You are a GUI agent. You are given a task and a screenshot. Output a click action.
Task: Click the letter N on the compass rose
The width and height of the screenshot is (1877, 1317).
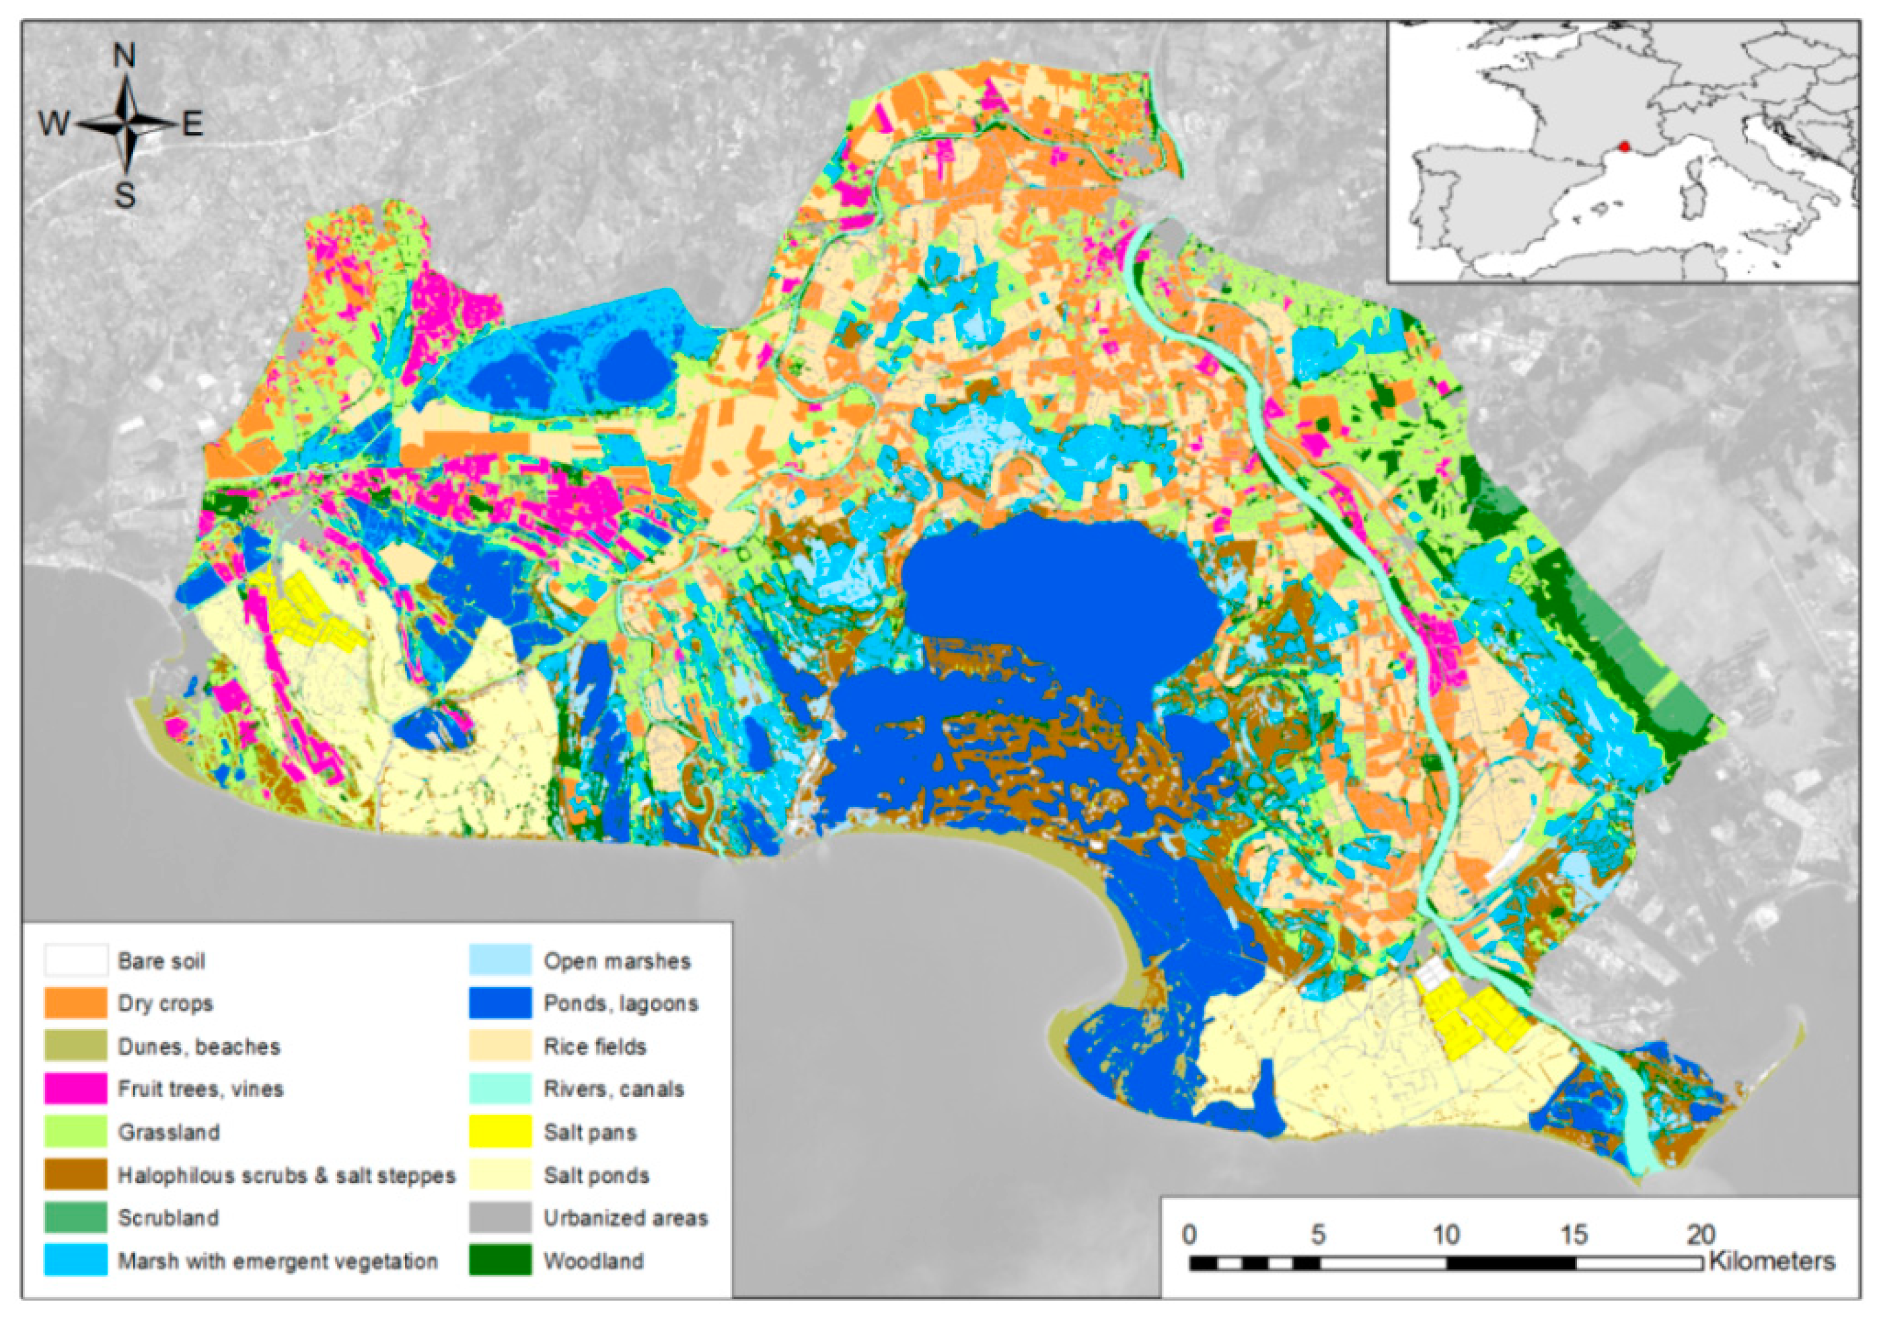click(124, 56)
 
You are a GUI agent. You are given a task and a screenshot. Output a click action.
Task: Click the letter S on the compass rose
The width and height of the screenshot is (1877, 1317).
click(124, 195)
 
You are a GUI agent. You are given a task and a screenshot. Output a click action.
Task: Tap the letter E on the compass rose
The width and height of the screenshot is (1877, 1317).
click(192, 124)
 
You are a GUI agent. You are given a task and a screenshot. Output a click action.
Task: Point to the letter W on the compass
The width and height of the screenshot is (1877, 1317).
click(54, 124)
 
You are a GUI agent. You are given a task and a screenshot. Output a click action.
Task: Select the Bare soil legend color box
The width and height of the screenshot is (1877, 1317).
click(75, 961)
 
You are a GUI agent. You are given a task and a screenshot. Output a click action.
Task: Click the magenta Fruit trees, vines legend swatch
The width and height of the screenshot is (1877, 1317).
click(75, 1089)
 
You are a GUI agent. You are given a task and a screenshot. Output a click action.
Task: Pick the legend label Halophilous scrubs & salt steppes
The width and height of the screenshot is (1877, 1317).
click(286, 1176)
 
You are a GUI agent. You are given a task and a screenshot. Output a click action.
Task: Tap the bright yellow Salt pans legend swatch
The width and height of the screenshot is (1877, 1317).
click(501, 1132)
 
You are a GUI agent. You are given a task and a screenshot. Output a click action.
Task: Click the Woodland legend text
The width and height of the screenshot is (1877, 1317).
click(593, 1260)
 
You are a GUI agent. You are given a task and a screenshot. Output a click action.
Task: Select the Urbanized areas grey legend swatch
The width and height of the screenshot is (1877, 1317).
click(501, 1218)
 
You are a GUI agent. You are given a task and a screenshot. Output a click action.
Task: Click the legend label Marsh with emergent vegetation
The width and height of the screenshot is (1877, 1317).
click(278, 1260)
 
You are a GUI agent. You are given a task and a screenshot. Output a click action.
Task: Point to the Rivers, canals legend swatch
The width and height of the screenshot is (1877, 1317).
click(501, 1089)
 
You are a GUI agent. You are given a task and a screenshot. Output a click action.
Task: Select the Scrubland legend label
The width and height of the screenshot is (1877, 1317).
click(168, 1218)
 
